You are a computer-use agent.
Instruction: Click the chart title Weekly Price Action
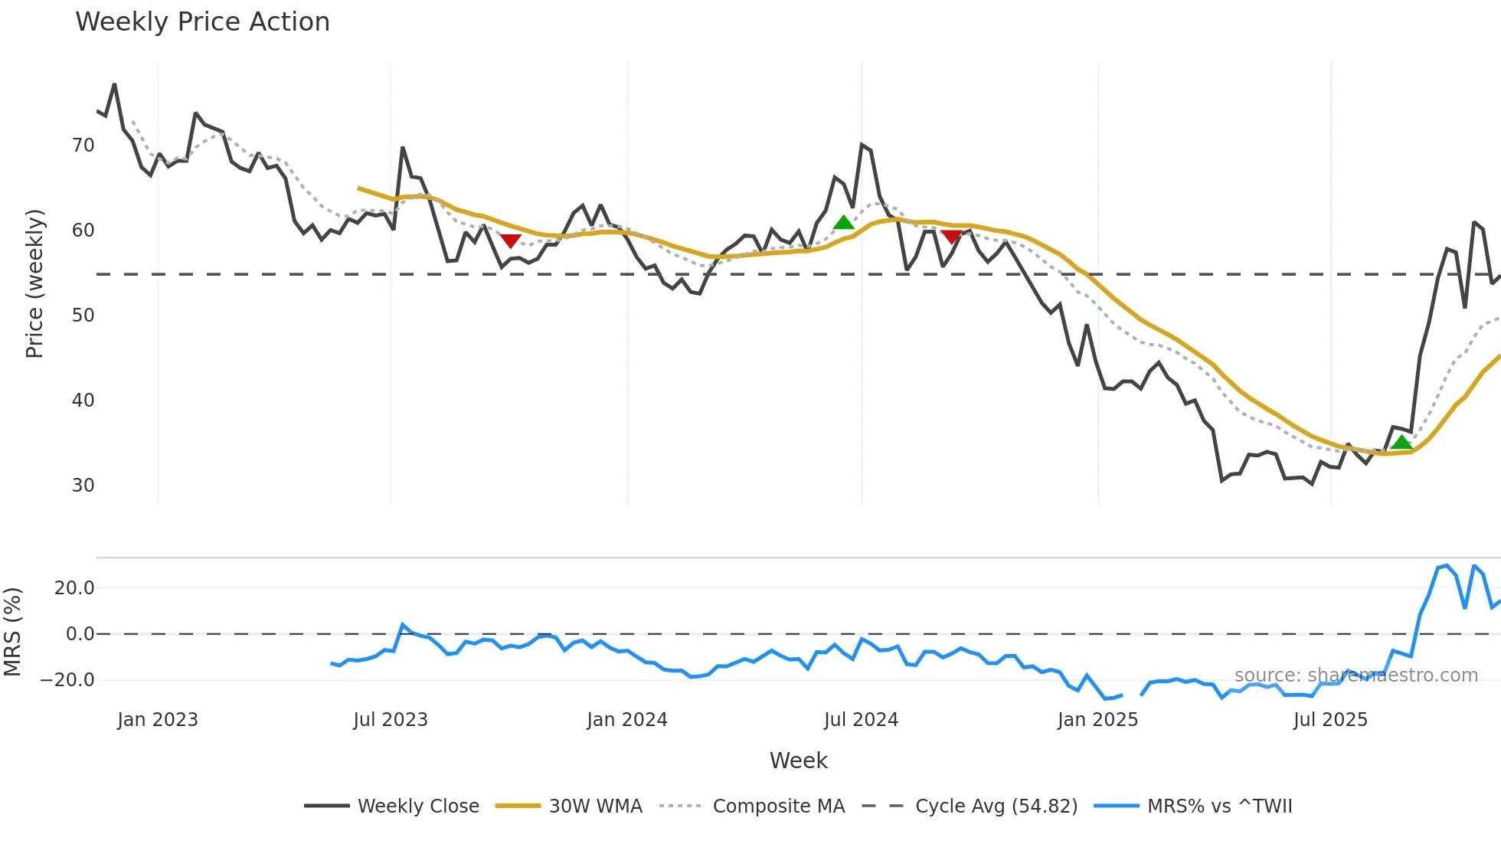tap(202, 22)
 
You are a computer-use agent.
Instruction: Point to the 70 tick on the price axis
tap(83, 146)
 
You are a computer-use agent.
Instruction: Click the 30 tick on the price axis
tap(83, 486)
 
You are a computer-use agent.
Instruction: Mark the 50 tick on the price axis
tap(83, 316)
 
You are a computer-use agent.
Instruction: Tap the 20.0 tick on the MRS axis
tap(74, 588)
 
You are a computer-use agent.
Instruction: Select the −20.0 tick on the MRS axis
tap(67, 680)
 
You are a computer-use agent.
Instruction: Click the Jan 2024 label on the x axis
tap(627, 720)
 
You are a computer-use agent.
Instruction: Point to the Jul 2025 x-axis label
tap(1330, 720)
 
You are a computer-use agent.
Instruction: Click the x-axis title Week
tap(798, 761)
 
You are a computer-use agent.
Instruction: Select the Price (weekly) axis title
tap(34, 283)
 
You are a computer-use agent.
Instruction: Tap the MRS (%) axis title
tap(12, 632)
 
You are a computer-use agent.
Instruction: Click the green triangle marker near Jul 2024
tap(843, 223)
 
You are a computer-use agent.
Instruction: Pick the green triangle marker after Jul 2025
tap(1401, 442)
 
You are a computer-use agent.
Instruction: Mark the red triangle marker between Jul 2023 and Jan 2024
tap(510, 240)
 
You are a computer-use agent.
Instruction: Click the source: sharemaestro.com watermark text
tap(1355, 676)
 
